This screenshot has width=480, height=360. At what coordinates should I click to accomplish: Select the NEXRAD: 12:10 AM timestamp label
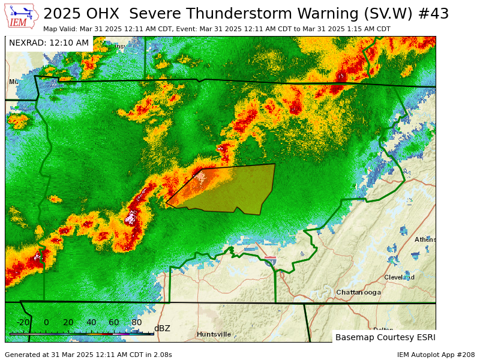click(x=49, y=43)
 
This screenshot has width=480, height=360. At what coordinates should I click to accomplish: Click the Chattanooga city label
click(x=358, y=292)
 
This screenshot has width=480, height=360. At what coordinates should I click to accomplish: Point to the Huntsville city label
click(x=214, y=334)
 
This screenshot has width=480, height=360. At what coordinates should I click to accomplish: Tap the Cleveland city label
click(x=399, y=277)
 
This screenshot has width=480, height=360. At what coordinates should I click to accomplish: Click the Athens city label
click(x=425, y=239)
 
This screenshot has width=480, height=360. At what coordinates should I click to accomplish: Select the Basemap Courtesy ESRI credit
click(x=385, y=337)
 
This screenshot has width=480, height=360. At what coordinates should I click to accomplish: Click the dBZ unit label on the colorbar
click(x=162, y=328)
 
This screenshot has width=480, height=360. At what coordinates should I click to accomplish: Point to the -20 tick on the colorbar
click(x=23, y=322)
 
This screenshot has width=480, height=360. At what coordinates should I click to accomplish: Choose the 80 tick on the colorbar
click(x=137, y=322)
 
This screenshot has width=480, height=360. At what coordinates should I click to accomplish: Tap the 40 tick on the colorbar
click(x=91, y=322)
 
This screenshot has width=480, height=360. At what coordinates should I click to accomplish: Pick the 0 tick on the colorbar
click(x=46, y=322)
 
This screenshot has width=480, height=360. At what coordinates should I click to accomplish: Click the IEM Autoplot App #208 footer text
click(x=436, y=355)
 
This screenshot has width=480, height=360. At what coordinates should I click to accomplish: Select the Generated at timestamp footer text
click(x=88, y=355)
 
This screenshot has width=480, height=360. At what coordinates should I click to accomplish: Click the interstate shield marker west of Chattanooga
click(x=271, y=260)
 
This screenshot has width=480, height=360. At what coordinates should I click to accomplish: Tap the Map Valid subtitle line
click(x=217, y=29)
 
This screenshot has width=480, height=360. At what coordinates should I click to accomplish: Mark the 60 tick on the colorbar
click(x=114, y=322)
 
